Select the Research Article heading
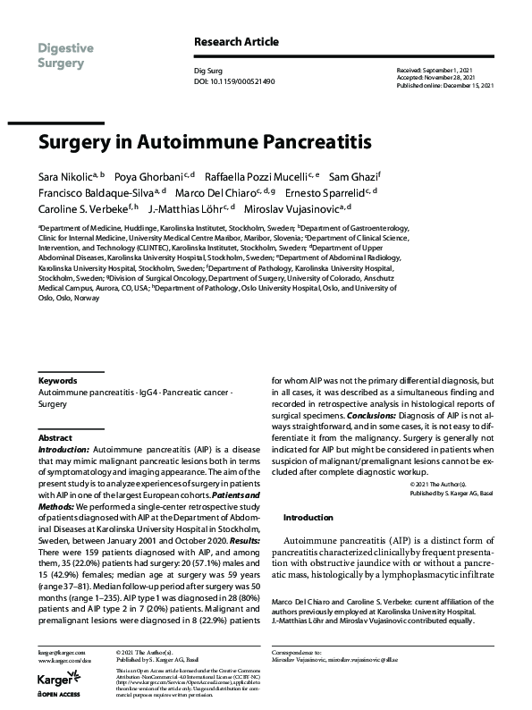236,42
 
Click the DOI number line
234,80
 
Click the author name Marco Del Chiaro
214,191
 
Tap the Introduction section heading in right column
308,517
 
